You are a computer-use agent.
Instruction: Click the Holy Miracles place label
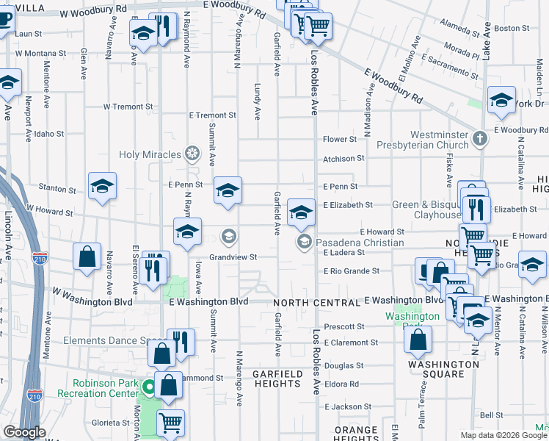(150, 154)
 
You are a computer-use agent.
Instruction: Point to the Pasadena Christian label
(360, 243)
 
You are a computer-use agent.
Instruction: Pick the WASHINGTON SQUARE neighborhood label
(444, 369)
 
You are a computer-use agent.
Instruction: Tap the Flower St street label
(339, 139)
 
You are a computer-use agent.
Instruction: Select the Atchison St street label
(343, 158)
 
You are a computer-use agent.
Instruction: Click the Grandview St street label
(233, 257)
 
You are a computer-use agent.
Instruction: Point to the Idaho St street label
(50, 134)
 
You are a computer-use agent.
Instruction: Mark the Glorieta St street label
(111, 423)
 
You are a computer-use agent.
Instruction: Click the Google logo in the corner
(24, 432)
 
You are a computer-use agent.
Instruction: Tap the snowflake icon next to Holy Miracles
(192, 153)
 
